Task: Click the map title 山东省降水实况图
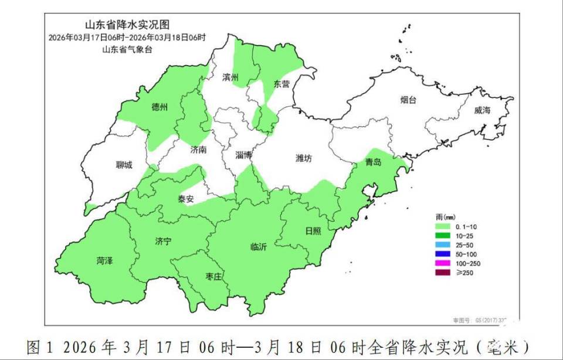coord(127,25)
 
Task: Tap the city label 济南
coord(199,150)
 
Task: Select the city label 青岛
coord(373,162)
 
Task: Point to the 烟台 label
coord(408,100)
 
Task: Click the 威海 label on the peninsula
coord(482,110)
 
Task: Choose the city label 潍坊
coord(304,158)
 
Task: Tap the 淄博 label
coord(243,155)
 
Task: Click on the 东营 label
coord(281,84)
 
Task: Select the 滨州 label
coord(230,77)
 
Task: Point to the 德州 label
coord(160,107)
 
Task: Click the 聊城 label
coord(124,165)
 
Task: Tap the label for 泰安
coord(186,199)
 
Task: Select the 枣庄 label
coord(213,276)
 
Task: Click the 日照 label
coord(313,230)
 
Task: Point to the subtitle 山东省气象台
coord(127,49)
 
